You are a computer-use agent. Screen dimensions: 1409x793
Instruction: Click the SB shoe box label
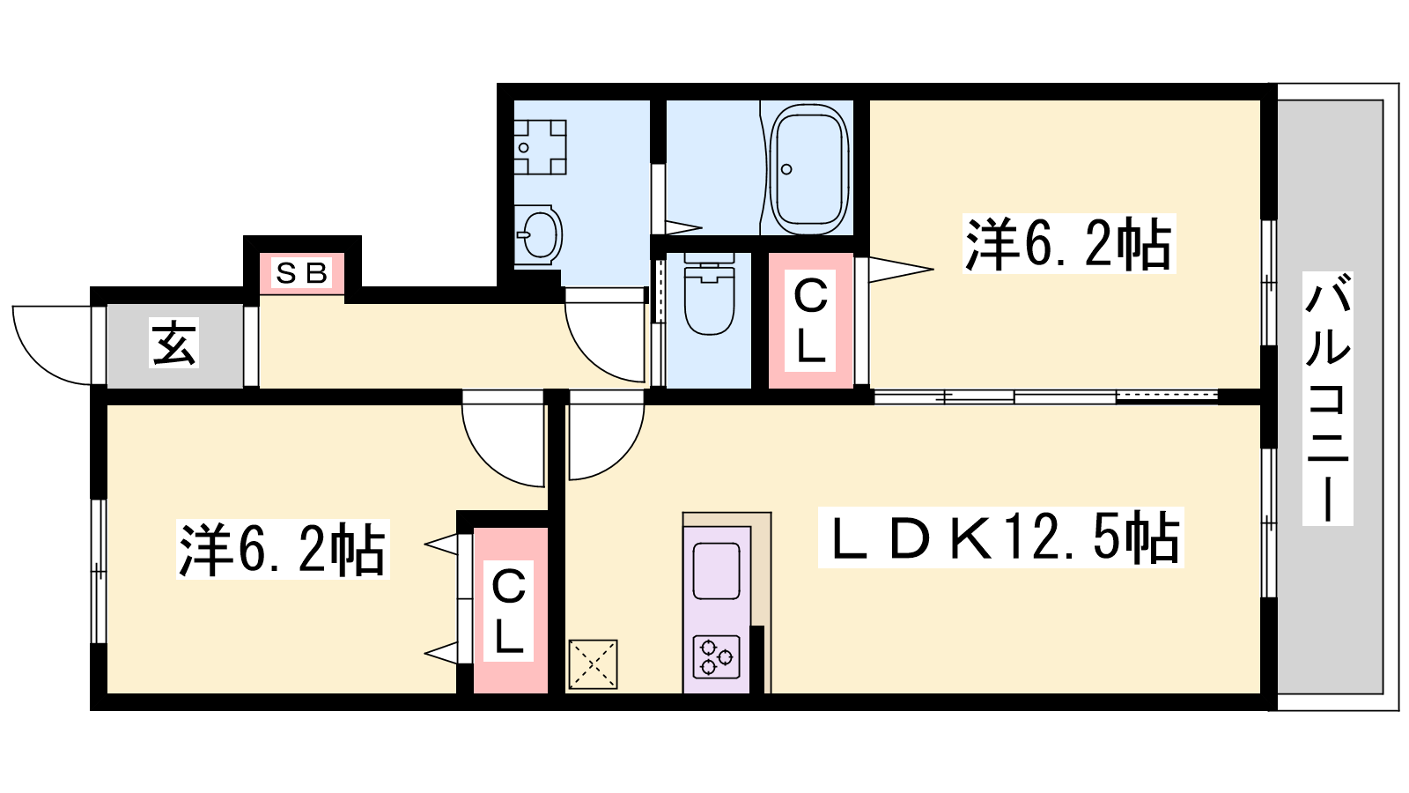click(302, 273)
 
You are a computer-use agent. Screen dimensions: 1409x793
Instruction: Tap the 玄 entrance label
click(174, 343)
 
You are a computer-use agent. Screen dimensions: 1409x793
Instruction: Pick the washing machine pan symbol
click(541, 147)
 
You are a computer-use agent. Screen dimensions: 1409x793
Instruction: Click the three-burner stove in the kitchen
click(717, 656)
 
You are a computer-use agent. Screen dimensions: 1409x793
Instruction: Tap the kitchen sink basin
click(717, 571)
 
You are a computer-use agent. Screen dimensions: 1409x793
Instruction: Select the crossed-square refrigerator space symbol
click(593, 664)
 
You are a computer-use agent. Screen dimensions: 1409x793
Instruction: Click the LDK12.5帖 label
click(1000, 537)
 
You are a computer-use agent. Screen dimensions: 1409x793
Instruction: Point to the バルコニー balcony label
click(1327, 399)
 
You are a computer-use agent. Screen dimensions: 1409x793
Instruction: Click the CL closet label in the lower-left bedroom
click(508, 611)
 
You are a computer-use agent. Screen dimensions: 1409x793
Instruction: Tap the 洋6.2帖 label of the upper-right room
click(1069, 243)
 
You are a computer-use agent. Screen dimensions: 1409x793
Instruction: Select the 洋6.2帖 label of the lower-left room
click(283, 549)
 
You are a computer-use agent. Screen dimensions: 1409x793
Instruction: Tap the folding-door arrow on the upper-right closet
click(901, 270)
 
